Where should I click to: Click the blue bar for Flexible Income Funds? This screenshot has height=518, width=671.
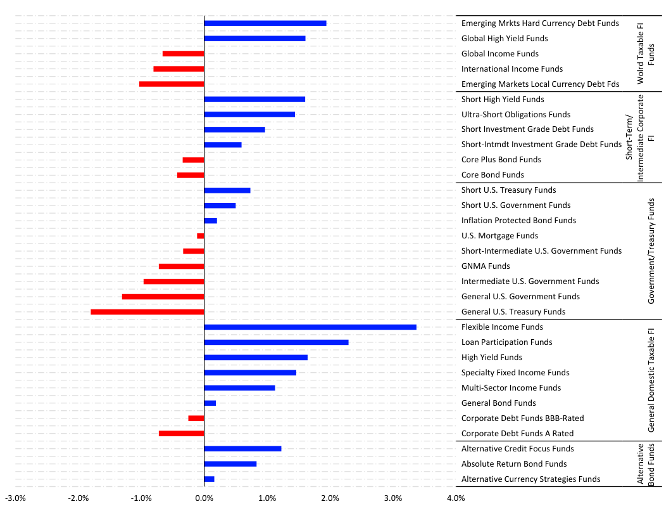(310, 327)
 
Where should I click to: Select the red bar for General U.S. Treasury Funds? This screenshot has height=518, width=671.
(147, 312)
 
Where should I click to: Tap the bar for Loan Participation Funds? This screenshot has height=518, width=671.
(276, 342)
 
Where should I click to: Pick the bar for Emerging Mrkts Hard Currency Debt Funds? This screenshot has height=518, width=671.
(265, 23)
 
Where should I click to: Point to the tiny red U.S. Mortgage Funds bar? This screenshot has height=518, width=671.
(201, 236)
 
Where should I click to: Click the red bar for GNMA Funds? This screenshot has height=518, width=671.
(182, 266)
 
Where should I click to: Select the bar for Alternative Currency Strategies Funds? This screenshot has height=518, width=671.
(210, 479)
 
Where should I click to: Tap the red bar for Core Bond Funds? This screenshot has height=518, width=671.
(191, 175)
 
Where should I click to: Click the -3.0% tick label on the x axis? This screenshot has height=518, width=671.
(15, 498)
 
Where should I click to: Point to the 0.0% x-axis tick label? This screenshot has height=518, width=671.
(204, 498)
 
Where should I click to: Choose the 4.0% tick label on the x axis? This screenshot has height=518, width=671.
(456, 498)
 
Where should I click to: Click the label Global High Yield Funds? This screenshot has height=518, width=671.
(505, 39)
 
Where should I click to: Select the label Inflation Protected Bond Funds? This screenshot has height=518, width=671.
(518, 221)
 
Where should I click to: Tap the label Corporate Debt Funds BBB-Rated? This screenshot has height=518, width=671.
(522, 418)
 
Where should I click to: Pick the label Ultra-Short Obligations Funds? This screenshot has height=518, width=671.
(516, 115)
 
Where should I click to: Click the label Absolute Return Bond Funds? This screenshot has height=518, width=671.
(514, 464)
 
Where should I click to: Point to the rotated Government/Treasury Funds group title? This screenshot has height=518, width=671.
(651, 251)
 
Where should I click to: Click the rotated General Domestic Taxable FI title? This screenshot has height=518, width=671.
(651, 380)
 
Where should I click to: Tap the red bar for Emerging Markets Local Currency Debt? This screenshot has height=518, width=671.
(172, 84)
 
